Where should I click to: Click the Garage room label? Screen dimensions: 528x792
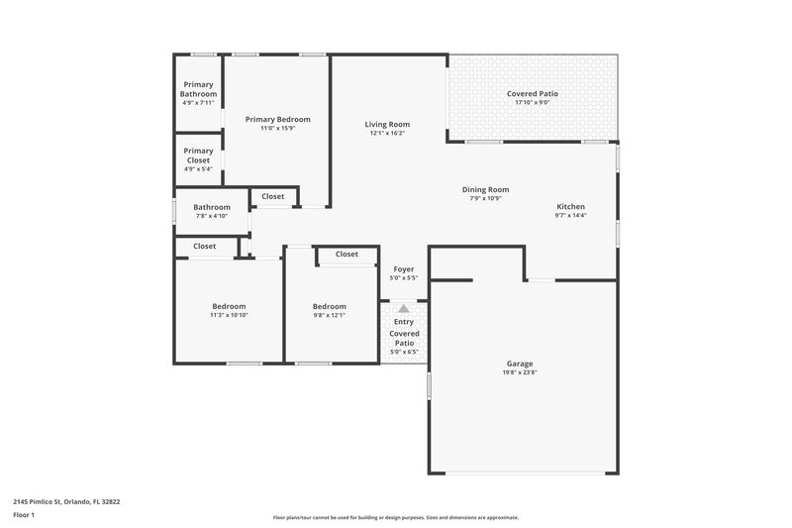click(520, 364)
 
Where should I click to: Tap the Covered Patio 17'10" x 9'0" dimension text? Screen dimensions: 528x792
click(533, 102)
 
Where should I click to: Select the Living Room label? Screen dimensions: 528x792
click(388, 124)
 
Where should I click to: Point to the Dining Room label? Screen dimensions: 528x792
click(485, 189)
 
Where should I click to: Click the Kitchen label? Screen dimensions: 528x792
click(570, 206)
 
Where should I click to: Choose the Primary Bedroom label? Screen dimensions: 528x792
click(277, 118)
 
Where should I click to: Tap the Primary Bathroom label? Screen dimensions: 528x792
click(198, 89)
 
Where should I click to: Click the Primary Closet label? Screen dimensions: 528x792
click(198, 156)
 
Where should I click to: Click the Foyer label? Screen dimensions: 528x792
click(404, 268)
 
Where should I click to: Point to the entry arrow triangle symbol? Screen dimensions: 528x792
click(404, 309)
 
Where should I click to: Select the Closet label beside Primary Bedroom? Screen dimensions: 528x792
click(272, 196)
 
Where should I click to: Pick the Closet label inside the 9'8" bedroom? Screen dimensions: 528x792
click(346, 255)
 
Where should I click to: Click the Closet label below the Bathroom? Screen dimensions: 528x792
click(205, 246)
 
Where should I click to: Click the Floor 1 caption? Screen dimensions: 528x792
click(25, 515)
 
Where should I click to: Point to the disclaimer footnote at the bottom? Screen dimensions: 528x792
click(395, 517)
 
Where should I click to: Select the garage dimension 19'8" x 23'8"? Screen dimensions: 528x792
click(520, 373)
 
